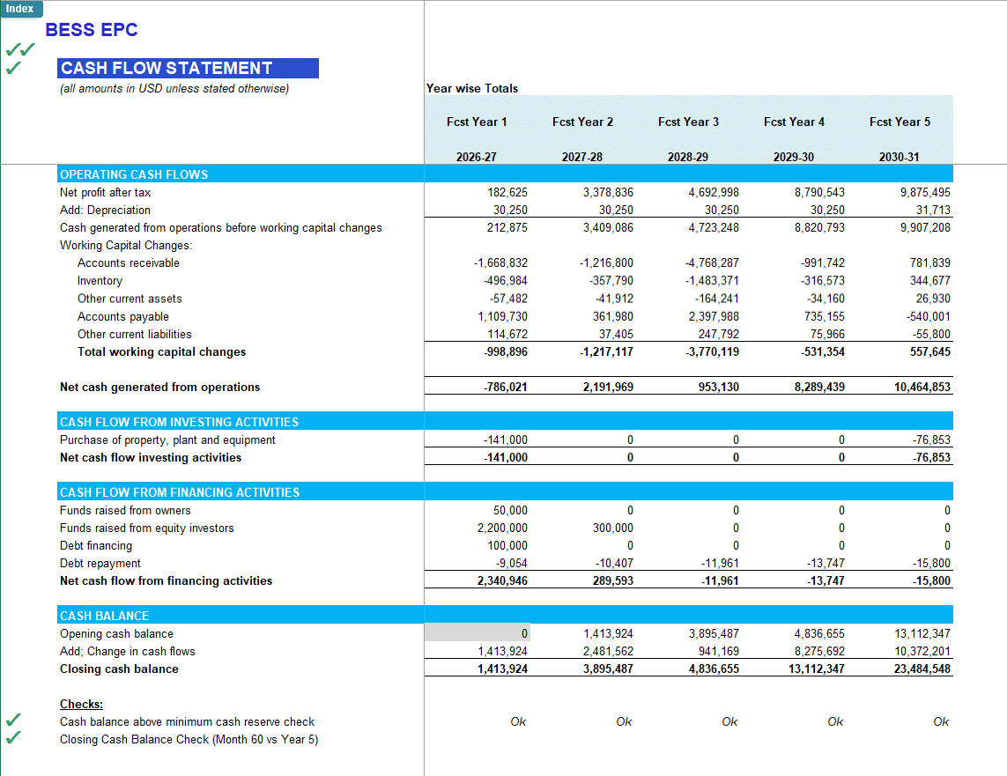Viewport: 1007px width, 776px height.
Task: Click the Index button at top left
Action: pyautogui.click(x=19, y=9)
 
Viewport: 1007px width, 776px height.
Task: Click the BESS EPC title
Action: pyautogui.click(x=92, y=30)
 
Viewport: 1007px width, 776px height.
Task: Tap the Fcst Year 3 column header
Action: pyautogui.click(x=688, y=122)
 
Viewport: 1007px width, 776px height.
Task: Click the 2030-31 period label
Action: pyautogui.click(x=899, y=157)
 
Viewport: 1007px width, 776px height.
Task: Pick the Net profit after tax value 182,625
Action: pyautogui.click(x=507, y=192)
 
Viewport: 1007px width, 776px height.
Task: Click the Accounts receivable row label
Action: pyautogui.click(x=128, y=263)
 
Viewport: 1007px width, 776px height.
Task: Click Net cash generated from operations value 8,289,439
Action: pyautogui.click(x=818, y=387)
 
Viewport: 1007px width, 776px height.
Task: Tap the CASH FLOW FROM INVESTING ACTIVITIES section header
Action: pyautogui.click(x=179, y=422)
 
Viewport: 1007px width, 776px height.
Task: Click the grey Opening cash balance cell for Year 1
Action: pyautogui.click(x=477, y=633)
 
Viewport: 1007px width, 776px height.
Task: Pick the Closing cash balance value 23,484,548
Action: pyautogui.click(x=922, y=669)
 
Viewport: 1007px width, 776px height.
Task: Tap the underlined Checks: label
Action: pyautogui.click(x=81, y=704)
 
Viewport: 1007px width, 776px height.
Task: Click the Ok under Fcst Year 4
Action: pyautogui.click(x=835, y=721)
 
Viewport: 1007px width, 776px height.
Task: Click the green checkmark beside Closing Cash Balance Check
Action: pyautogui.click(x=13, y=739)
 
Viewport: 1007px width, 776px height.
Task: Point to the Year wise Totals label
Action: pyautogui.click(x=472, y=88)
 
